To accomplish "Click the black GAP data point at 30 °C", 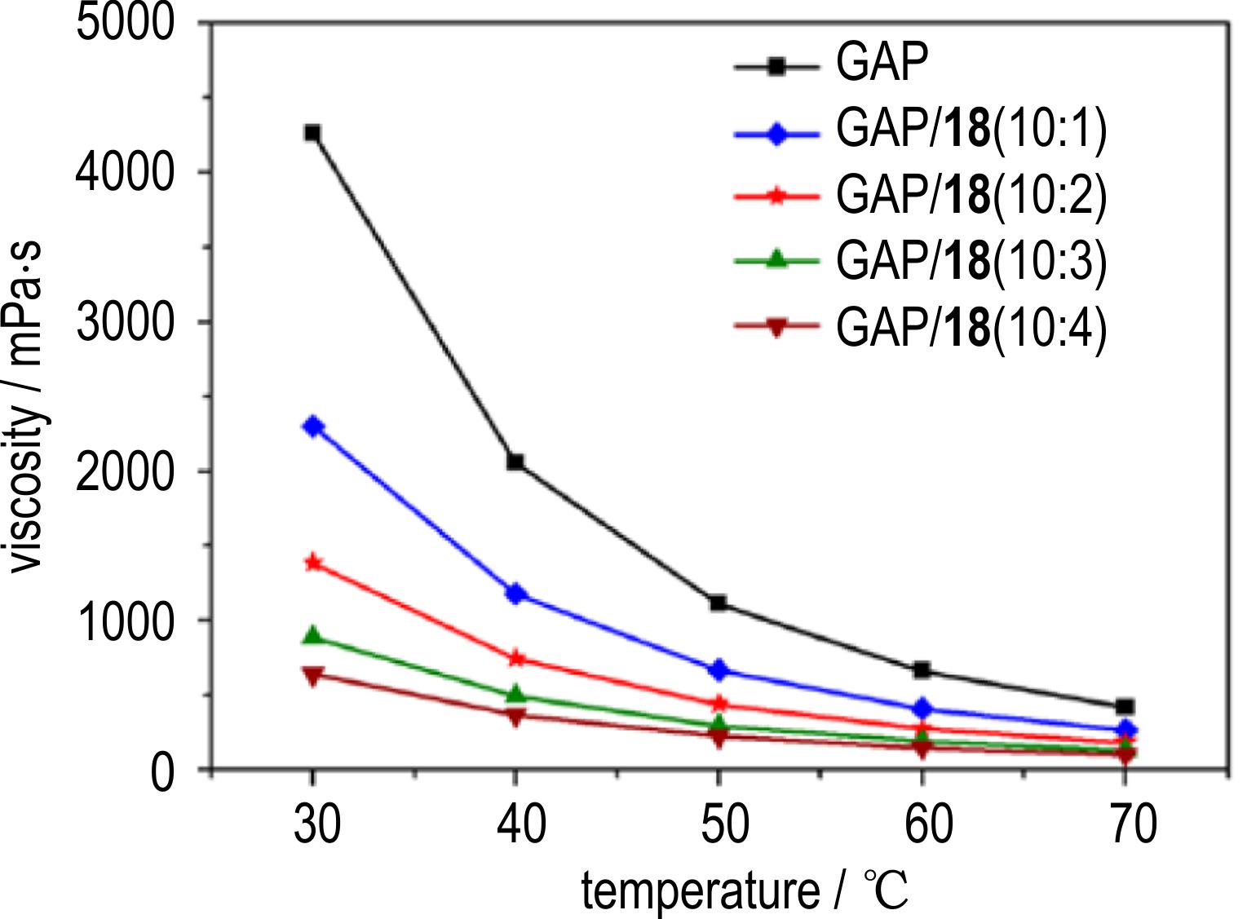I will tap(312, 133).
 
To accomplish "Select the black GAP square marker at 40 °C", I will tap(515, 462).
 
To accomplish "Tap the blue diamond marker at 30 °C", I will tap(313, 426).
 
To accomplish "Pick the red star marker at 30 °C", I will tap(313, 563).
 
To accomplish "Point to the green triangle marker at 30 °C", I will tap(313, 636).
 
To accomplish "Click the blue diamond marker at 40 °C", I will tap(515, 594).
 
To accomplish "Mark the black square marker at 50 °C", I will tap(719, 603).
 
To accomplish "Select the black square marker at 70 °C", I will tap(1125, 707).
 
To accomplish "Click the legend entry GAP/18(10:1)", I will tap(971, 130).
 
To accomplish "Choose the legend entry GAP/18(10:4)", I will tap(971, 328).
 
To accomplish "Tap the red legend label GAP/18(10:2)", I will tap(971, 196).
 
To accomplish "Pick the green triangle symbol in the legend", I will tap(776, 260).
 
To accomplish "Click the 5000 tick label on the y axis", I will tap(125, 22).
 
